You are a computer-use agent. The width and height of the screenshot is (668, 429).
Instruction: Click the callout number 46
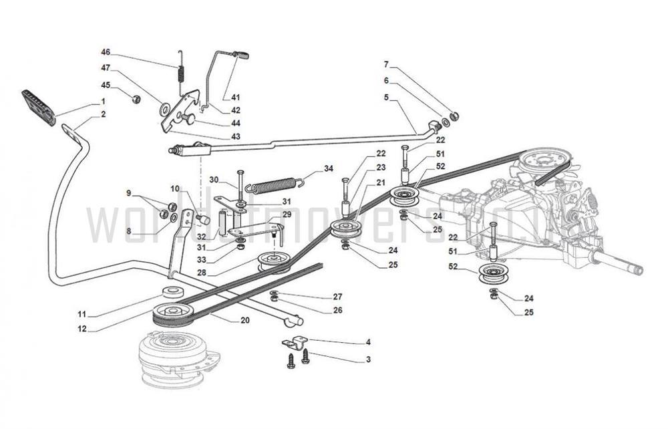tap(106, 52)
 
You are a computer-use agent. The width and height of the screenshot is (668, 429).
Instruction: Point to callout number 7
tap(385, 65)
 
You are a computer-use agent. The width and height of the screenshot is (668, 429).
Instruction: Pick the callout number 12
tap(81, 329)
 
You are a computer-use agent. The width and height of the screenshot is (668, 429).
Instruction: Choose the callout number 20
tap(244, 320)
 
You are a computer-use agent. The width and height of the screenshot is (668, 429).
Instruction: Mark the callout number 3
tap(367, 360)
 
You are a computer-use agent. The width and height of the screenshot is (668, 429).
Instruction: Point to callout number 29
tap(287, 214)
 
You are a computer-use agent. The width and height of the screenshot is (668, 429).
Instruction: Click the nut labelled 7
tap(454, 116)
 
